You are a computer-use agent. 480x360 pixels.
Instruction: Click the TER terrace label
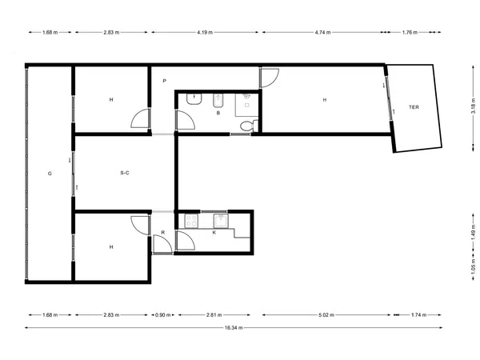[414, 107]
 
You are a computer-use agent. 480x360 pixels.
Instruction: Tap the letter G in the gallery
[50, 174]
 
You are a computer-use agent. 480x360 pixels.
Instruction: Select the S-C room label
[125, 173]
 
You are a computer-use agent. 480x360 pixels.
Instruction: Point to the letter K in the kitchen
[214, 232]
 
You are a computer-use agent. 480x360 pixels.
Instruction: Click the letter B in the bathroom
[218, 113]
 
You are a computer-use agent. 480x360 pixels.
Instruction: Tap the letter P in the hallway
[164, 81]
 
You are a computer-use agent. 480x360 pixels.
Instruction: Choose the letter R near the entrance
[163, 232]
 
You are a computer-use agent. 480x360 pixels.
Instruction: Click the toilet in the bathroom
[249, 126]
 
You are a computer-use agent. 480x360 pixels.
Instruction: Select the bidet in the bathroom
[218, 101]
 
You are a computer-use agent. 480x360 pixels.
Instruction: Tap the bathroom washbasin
[194, 99]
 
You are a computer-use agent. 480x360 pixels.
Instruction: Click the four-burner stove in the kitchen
[191, 221]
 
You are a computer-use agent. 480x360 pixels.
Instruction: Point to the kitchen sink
[221, 221]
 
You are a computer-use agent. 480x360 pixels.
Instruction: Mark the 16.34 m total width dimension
[234, 327]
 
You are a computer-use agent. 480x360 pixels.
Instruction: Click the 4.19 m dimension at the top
[205, 32]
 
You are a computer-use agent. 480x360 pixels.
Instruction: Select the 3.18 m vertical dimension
[474, 108]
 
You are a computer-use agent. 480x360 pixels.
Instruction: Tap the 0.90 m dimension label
[163, 314]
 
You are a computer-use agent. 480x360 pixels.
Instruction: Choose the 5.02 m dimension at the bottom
[326, 314]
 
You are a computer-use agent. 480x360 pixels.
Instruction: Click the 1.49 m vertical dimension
[474, 232]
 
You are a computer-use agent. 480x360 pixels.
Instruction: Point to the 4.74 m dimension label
[322, 32]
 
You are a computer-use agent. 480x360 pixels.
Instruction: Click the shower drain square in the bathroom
[247, 106]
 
